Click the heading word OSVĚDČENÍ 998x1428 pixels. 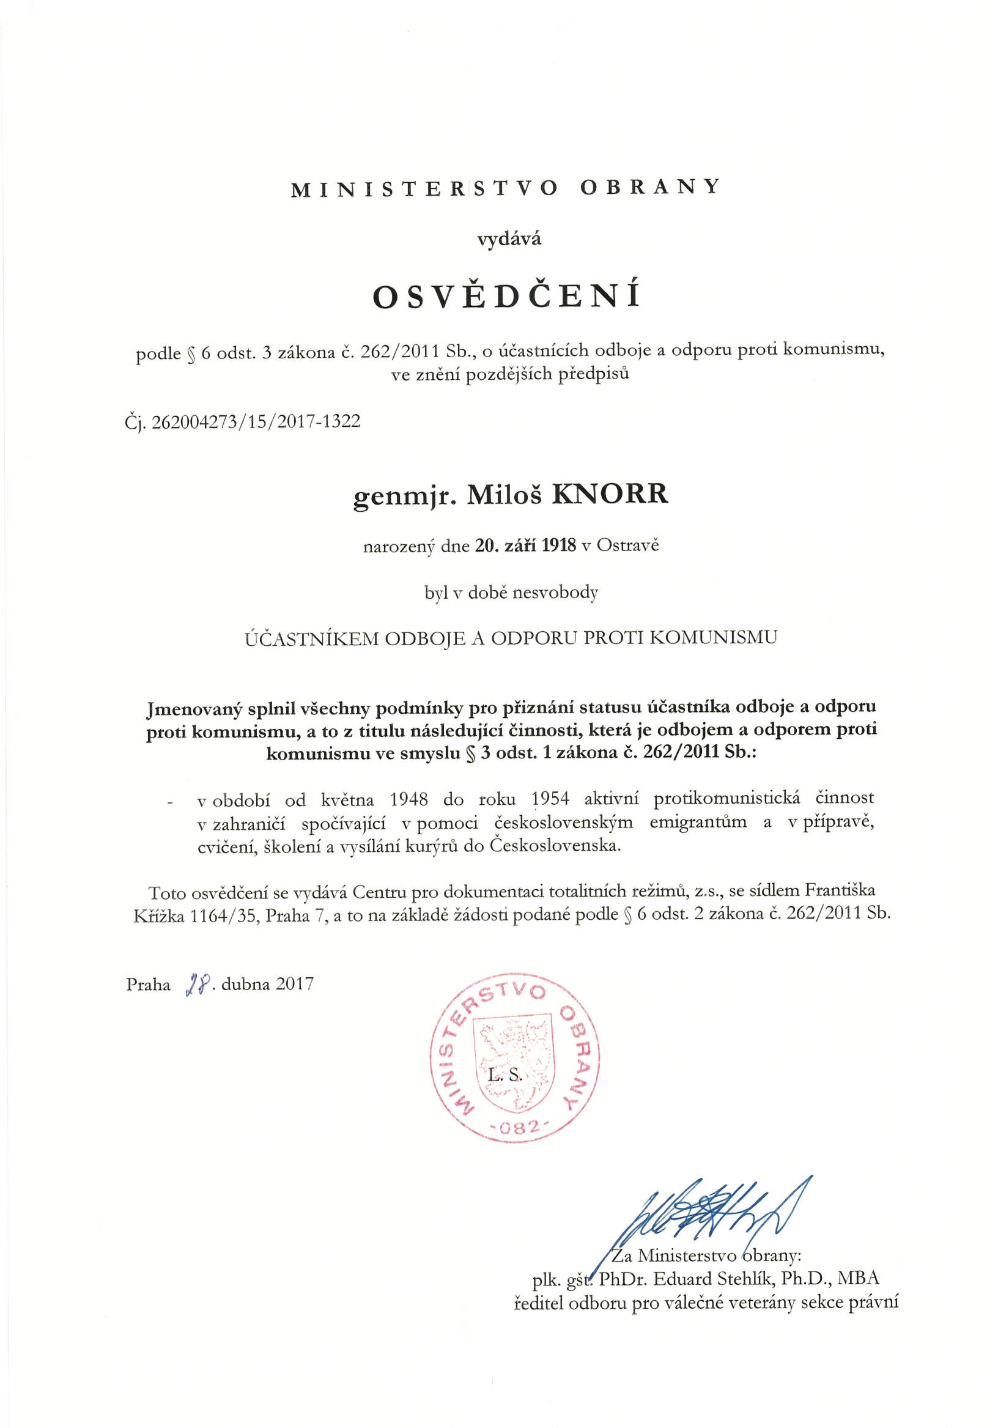pos(506,296)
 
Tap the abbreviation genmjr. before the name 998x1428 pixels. pos(405,496)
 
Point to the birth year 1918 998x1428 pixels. pos(559,546)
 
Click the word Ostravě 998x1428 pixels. pos(627,546)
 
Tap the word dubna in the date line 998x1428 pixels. pos(245,985)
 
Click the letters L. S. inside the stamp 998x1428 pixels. pos(505,1075)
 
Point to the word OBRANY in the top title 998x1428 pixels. pos(649,188)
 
